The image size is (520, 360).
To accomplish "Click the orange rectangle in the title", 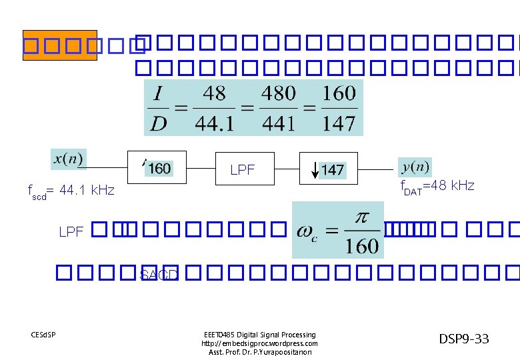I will click(59, 45).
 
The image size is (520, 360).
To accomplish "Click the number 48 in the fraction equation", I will click(213, 93).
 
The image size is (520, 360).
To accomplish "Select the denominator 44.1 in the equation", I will click(213, 123).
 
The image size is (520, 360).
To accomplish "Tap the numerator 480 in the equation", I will click(278, 93).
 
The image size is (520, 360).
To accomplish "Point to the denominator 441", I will click(278, 123).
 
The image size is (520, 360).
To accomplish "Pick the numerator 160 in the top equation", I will click(339, 93).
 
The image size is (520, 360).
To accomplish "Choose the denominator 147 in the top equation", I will click(339, 123).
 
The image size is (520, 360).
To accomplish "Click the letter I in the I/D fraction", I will click(159, 93).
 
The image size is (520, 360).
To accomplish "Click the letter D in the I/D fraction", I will click(158, 123).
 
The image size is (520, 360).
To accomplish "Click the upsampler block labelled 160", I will click(157, 167).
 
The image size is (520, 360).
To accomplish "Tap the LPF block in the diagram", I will click(243, 169).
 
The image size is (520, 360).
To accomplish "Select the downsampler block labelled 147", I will click(329, 169).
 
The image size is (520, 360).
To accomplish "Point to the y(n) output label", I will click(415, 167).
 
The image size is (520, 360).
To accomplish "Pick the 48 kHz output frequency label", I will click(437, 186).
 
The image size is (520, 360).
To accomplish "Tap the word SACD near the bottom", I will click(159, 274).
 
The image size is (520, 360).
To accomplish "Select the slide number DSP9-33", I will click(463, 339).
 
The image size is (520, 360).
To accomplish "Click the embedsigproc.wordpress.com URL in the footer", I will click(259, 343).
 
